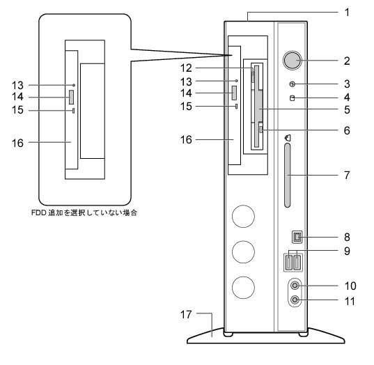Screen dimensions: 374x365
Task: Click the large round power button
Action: [293, 60]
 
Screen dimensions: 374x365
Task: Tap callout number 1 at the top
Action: [347, 12]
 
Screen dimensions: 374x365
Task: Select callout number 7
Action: [347, 175]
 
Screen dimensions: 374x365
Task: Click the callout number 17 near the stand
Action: [186, 314]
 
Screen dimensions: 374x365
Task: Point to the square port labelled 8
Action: [297, 237]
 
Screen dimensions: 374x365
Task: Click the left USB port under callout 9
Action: [288, 263]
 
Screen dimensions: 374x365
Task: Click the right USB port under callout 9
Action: [297, 263]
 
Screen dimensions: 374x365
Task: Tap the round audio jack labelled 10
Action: [295, 286]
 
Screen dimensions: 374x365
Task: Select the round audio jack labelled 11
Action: [295, 300]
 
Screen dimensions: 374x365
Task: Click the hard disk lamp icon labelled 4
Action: [292, 98]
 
